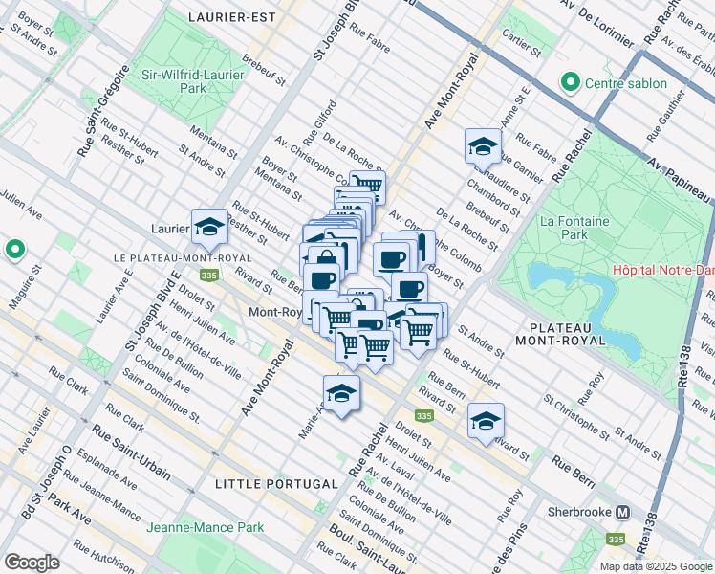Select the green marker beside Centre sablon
click(572, 82)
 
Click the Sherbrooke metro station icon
click(622, 511)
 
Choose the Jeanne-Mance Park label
click(205, 526)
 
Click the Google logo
click(32, 563)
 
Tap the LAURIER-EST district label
click(232, 17)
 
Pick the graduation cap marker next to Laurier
click(209, 228)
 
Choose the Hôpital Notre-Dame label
click(663, 269)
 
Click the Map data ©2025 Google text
click(656, 566)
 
